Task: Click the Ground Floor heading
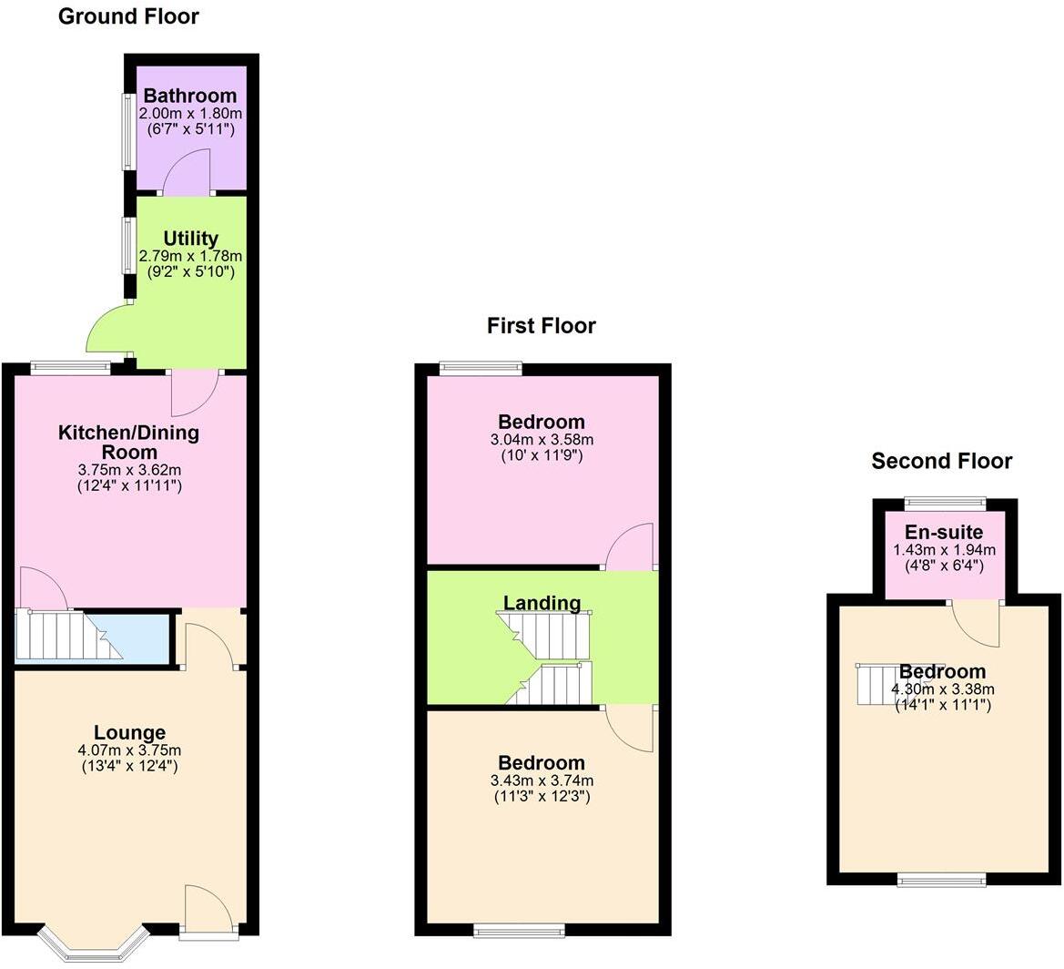tap(128, 16)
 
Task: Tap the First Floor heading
tap(541, 326)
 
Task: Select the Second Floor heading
tap(941, 461)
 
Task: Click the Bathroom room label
tap(189, 96)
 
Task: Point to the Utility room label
tap(190, 239)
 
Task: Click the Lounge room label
tap(129, 732)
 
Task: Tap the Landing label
tap(542, 603)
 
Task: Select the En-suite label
tap(944, 533)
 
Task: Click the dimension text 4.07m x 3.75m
tap(129, 750)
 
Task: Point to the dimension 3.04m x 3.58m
tap(541, 439)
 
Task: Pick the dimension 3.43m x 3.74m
tap(541, 780)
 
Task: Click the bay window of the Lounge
tap(92, 943)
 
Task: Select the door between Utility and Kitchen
tap(195, 388)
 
